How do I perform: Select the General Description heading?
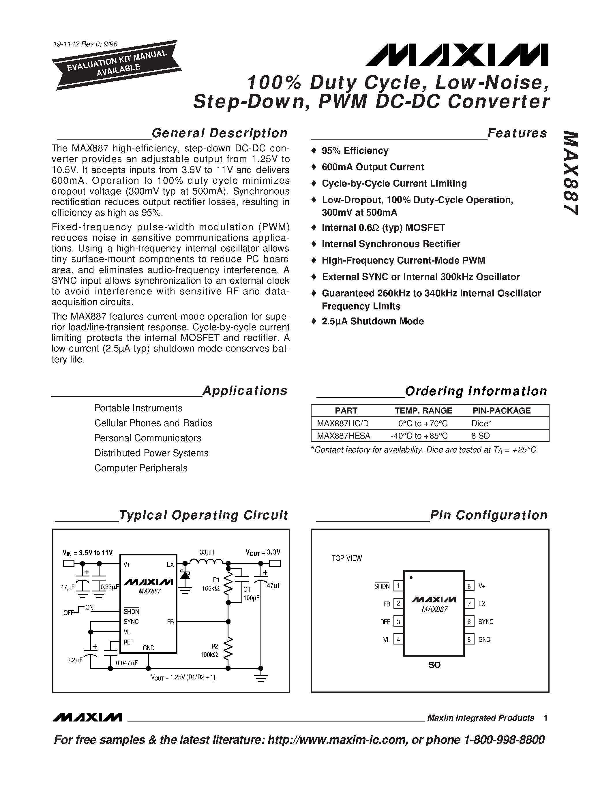(219, 133)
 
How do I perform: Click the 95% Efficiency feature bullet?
(355, 151)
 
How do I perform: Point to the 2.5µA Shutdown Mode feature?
(373, 321)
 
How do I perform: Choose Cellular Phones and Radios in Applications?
(153, 423)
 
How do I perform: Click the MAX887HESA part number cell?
(343, 436)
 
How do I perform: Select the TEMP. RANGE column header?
(423, 411)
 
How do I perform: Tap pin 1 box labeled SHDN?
(398, 586)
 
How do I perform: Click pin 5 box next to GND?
(469, 639)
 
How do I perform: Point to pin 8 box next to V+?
(469, 586)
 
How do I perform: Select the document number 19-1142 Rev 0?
(85, 44)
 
